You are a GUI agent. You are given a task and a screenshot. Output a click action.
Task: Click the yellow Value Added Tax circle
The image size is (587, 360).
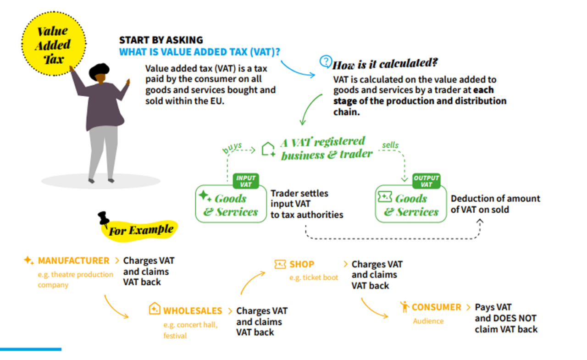[x=54, y=44]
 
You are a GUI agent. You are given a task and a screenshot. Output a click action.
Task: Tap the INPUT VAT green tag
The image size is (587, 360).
[x=246, y=181]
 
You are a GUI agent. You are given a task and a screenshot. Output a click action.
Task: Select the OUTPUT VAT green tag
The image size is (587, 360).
[x=426, y=181]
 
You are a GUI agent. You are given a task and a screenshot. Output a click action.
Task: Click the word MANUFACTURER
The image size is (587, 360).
[x=74, y=260]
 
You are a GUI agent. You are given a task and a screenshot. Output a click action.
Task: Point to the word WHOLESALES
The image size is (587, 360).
[x=193, y=311]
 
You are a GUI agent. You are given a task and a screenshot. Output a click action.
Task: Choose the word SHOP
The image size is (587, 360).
[x=302, y=264]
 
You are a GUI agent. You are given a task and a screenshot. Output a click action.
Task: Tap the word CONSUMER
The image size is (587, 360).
[x=436, y=307]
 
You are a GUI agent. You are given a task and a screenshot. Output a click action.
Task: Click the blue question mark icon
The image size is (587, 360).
[x=326, y=61]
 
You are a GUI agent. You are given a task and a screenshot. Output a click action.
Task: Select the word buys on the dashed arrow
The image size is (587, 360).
[x=232, y=148]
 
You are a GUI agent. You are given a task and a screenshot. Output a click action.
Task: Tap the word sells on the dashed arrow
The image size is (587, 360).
[x=390, y=145]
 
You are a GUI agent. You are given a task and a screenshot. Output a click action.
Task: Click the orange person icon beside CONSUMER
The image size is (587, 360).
[x=404, y=306]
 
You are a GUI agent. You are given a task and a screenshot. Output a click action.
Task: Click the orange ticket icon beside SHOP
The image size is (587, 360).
[x=280, y=264]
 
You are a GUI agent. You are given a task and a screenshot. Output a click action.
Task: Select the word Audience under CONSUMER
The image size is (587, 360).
[x=428, y=321]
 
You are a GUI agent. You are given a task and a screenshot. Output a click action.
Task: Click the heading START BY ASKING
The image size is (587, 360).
[x=161, y=40]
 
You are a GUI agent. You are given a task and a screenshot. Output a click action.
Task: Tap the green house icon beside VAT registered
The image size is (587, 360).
[x=268, y=150]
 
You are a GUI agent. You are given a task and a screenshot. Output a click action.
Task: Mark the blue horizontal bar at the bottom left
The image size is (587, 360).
[x=31, y=349]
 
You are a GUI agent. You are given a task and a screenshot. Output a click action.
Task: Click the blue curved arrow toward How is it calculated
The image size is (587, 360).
[x=296, y=71]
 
